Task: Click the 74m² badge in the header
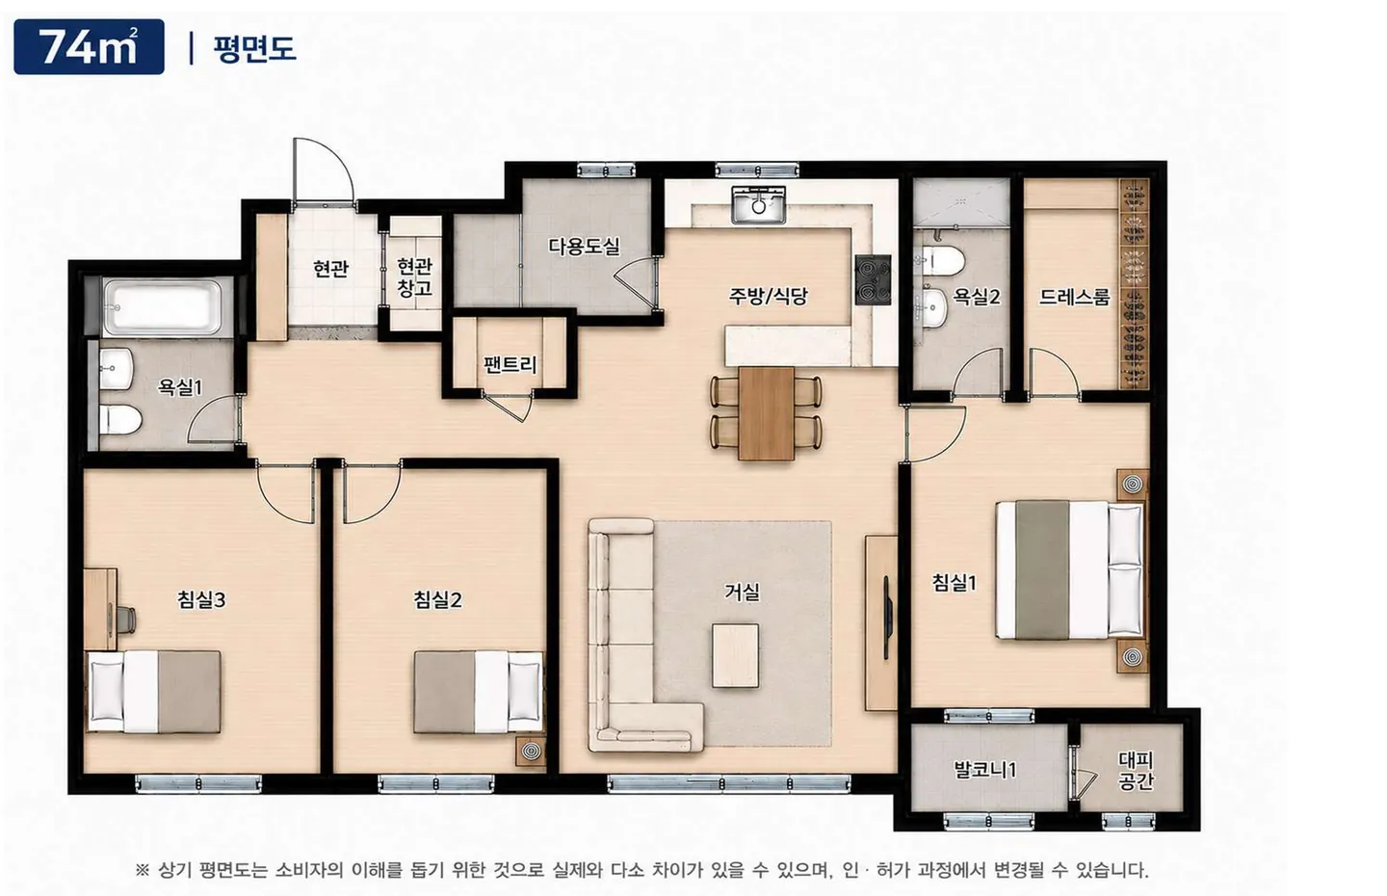tap(90, 47)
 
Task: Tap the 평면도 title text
tap(254, 48)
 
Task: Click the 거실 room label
tap(742, 592)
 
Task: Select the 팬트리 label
tap(510, 363)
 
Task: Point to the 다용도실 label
tap(584, 247)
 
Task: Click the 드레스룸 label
tap(1074, 297)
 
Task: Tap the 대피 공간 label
tap(1136, 771)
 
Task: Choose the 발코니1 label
tap(985, 770)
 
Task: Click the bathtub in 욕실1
tap(161, 307)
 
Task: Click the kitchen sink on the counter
tap(759, 204)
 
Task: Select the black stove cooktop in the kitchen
tap(873, 280)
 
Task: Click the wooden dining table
tap(767, 413)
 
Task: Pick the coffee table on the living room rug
tap(735, 656)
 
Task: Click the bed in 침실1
tap(1070, 569)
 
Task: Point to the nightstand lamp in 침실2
tap(532, 751)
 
